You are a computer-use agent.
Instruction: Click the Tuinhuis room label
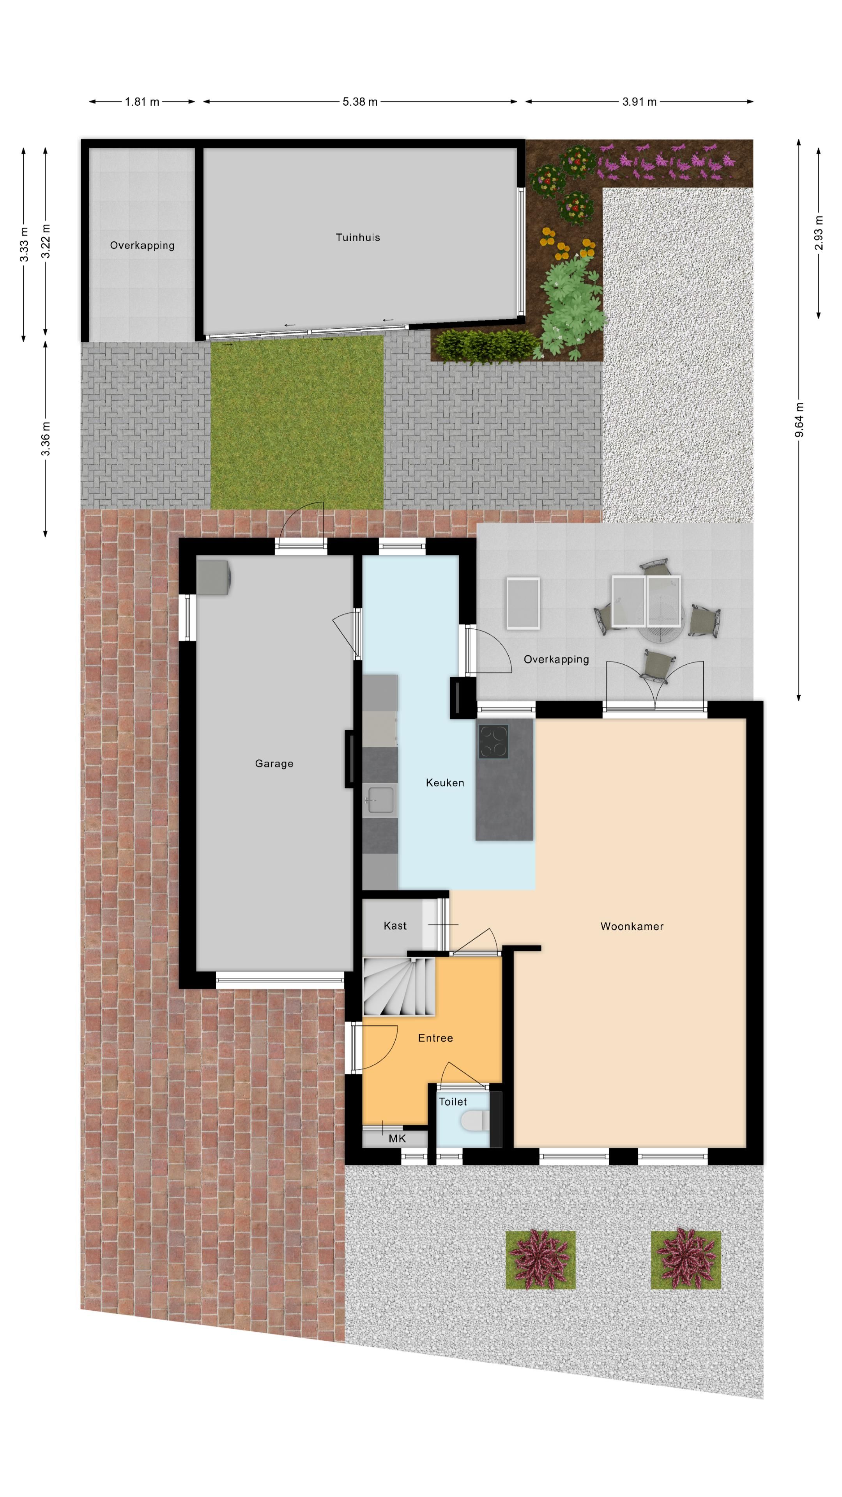coord(357,237)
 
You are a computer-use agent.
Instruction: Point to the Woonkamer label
coord(631,926)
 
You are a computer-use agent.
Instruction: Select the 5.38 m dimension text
coord(360,102)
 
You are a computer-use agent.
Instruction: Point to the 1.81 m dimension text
coord(142,102)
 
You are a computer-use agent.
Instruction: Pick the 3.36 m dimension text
coord(45,439)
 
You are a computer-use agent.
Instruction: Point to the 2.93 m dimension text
coord(819,232)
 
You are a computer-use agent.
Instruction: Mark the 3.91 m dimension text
coord(639,102)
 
